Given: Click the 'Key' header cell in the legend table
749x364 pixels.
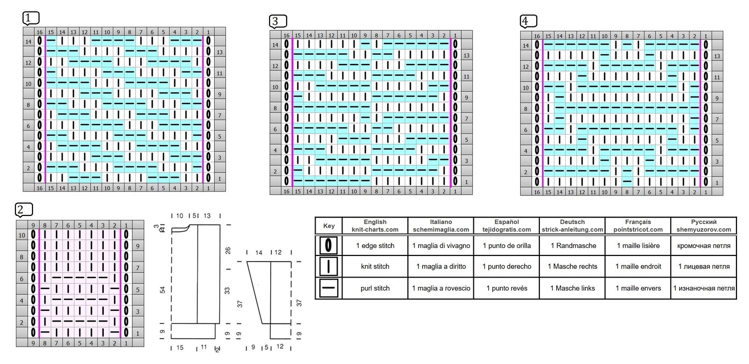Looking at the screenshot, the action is tap(329, 225).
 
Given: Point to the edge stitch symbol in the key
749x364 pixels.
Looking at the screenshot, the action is tap(329, 245).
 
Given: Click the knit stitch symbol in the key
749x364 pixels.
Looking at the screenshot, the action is tap(329, 266).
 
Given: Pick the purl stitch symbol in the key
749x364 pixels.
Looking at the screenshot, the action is tap(329, 288).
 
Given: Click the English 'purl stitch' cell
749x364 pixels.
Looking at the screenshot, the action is tap(375, 288).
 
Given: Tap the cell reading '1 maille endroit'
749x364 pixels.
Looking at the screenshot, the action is tap(638, 266).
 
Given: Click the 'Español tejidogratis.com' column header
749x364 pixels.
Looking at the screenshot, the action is tap(507, 225).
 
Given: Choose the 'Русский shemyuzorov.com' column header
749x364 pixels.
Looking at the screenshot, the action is tap(704, 225).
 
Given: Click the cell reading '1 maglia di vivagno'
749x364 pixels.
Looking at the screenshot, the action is tap(441, 245).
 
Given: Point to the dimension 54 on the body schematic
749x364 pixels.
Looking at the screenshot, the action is tap(163, 289).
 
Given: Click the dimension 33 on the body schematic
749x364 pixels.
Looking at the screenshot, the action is tap(227, 290).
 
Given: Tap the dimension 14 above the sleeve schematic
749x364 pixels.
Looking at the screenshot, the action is tap(259, 252).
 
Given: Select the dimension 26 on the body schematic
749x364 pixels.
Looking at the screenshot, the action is tap(228, 250).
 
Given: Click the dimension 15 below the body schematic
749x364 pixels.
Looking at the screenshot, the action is tap(180, 347).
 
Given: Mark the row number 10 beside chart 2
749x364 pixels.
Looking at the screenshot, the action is tap(22, 235).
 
